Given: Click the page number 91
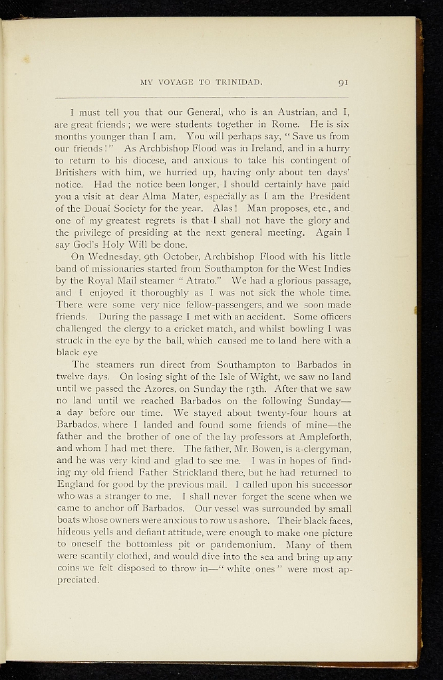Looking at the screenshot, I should (x=343, y=82).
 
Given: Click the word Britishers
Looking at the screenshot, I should (x=77, y=172).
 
